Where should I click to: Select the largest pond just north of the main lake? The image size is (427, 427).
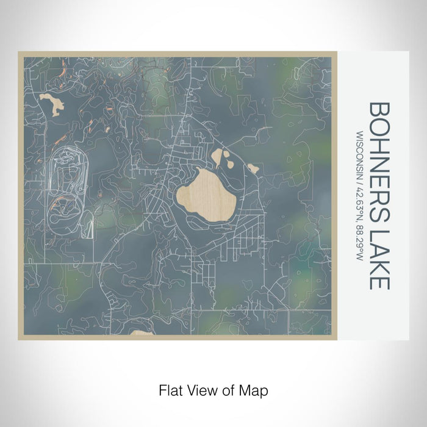(x=218, y=158)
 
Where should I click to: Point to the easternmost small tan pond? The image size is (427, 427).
(x=253, y=168)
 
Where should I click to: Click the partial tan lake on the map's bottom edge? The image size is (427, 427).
(x=142, y=333)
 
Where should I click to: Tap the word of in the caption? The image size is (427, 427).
(x=228, y=389)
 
